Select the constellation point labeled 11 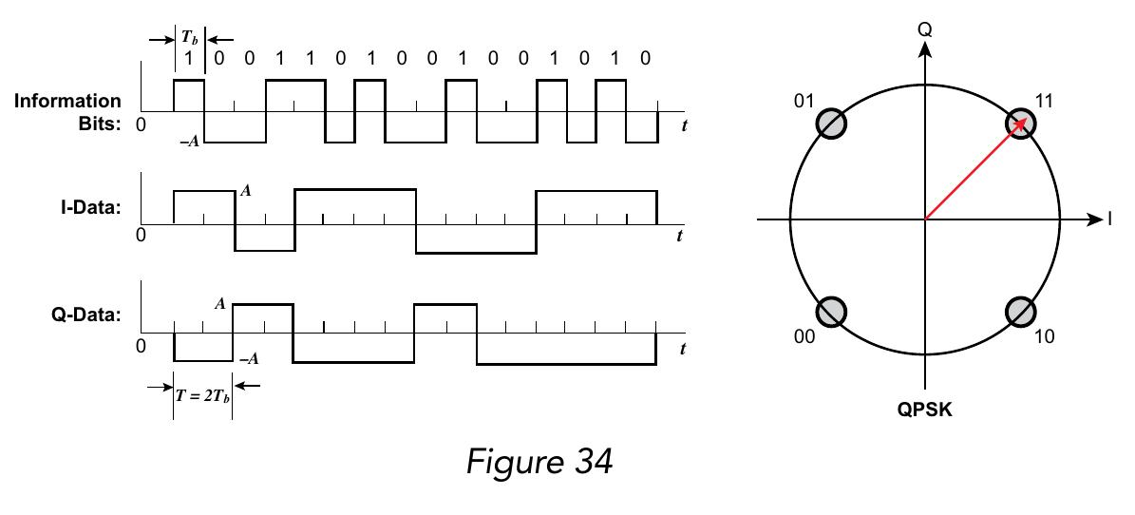[x=1020, y=124]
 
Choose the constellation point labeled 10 [x=1020, y=312]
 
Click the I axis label [x=1109, y=219]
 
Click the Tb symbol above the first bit [x=190, y=39]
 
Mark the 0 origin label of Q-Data [x=141, y=346]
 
